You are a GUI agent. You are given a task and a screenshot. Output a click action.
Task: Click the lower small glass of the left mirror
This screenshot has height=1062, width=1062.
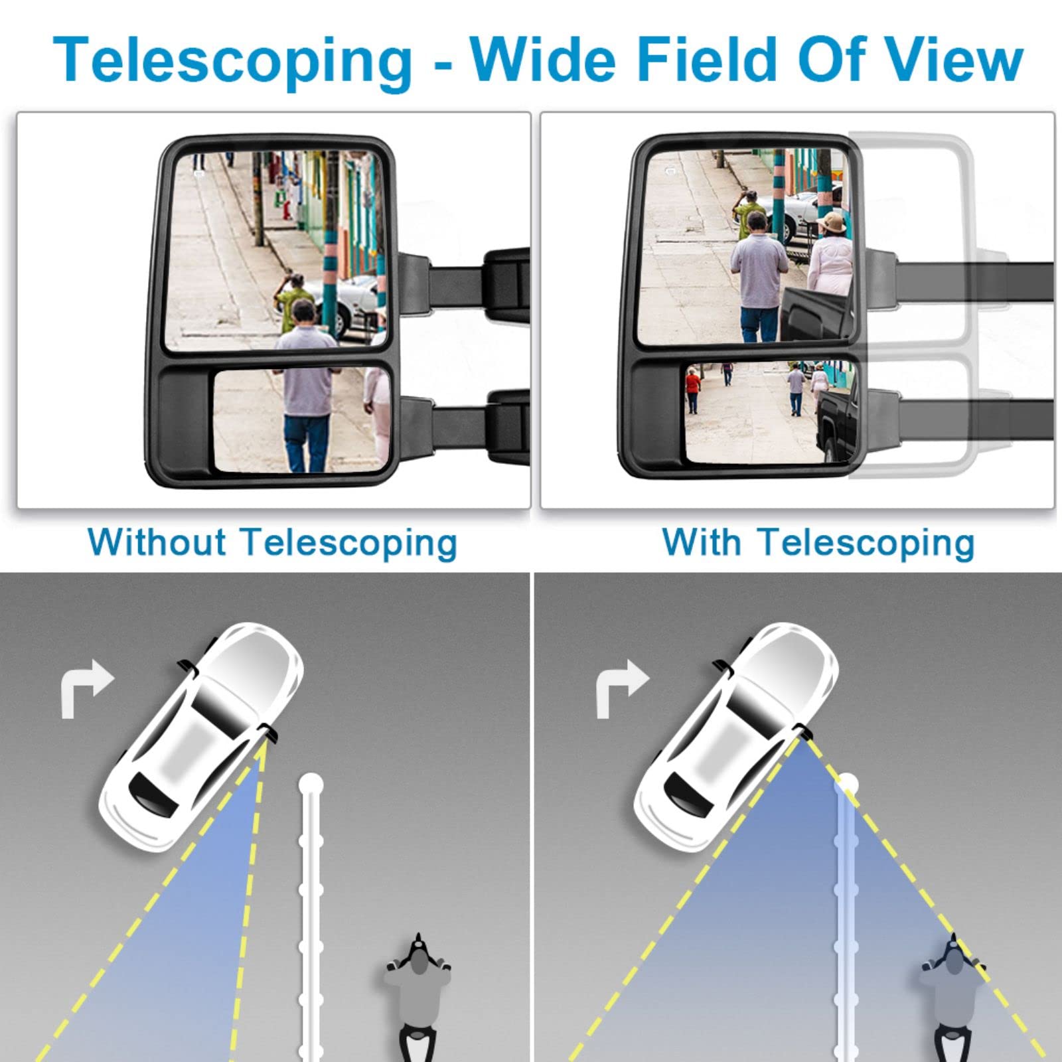tap(303, 420)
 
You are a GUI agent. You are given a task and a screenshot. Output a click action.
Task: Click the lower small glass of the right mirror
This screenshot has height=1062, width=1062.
tap(771, 412)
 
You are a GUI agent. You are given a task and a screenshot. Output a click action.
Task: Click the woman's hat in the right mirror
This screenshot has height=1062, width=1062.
tap(832, 222)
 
